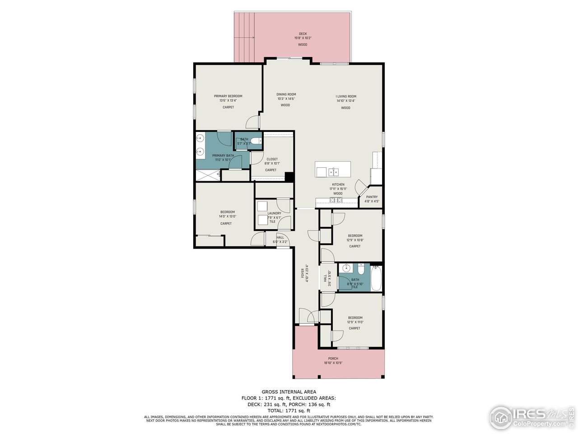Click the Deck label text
click(303, 34)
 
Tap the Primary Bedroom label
click(228, 96)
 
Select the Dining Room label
click(286, 94)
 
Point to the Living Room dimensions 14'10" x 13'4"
click(346, 101)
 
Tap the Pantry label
click(372, 197)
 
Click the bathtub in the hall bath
click(376, 278)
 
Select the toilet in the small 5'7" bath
click(256, 142)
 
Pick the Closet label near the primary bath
click(272, 159)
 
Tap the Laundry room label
click(274, 213)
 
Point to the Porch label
click(333, 359)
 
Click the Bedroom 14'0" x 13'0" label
click(228, 212)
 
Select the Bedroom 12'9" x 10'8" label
click(355, 236)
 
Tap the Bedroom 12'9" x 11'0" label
click(355, 318)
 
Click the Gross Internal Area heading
click(289, 392)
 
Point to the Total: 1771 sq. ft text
click(289, 410)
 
